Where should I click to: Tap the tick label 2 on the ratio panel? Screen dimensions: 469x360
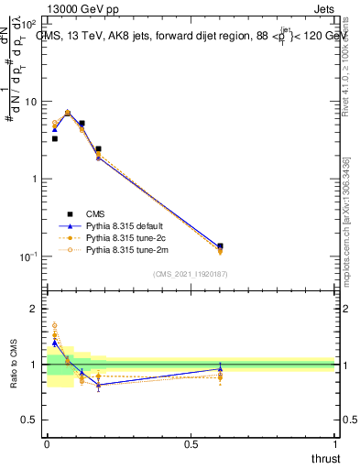pyautogui.click(x=36, y=309)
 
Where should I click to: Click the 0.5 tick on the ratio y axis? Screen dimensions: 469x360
pyautogui.click(x=31, y=420)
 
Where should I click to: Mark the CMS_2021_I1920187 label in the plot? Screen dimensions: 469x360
pyautogui.click(x=191, y=274)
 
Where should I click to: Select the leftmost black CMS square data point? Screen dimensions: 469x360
pyautogui.click(x=54, y=139)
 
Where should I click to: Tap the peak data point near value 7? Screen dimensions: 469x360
pyautogui.click(x=68, y=113)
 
